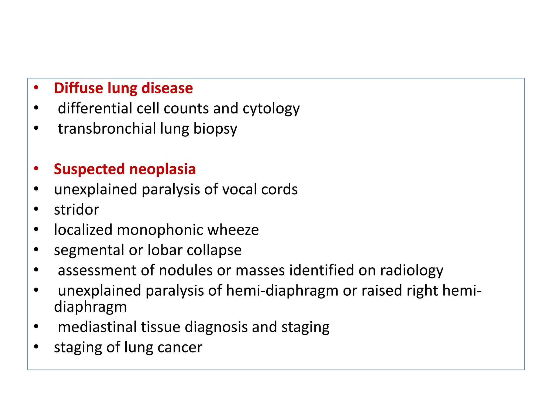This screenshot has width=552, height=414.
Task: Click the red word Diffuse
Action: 78,88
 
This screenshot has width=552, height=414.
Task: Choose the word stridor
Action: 76,210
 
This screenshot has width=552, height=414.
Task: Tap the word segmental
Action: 89,250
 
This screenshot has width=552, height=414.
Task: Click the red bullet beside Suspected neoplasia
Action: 36,169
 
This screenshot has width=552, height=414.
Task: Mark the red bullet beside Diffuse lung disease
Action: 36,88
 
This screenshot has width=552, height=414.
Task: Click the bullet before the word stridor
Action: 36,209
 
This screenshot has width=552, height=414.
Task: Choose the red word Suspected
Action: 89,169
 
